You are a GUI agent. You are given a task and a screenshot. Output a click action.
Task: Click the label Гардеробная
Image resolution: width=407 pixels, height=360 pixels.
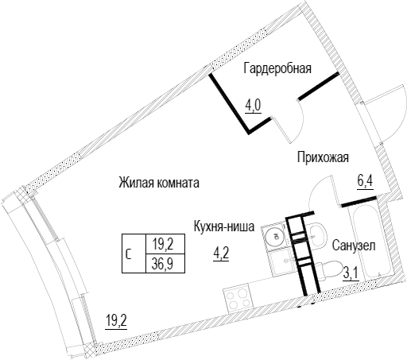[x=277, y=69]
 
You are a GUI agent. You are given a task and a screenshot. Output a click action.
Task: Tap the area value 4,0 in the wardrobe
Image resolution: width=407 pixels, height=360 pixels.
[x=254, y=106]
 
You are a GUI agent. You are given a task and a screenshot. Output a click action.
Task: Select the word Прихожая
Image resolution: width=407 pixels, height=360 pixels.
[x=323, y=158]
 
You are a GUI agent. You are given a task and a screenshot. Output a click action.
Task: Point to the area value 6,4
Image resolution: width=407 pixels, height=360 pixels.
[x=365, y=182]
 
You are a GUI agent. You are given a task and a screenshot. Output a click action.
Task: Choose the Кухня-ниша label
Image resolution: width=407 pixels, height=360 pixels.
[x=224, y=226]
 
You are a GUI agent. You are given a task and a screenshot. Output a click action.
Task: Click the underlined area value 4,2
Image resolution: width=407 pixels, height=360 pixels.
[x=221, y=254]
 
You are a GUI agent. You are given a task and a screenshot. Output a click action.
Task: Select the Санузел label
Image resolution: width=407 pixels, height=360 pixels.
[x=354, y=246]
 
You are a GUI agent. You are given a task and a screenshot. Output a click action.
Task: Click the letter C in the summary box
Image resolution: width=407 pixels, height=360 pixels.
[x=129, y=254]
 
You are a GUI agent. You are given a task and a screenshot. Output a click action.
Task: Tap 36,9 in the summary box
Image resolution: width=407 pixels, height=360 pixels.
[x=162, y=264]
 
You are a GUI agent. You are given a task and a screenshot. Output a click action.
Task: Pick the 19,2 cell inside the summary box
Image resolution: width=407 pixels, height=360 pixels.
[x=163, y=244]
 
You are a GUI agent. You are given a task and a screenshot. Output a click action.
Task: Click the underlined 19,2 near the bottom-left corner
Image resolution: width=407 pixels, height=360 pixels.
[x=116, y=321]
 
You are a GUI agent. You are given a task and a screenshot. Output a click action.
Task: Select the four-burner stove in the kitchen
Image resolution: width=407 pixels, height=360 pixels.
[x=238, y=298]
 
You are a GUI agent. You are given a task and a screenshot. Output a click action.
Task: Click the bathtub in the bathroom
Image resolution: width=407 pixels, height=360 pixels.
[x=370, y=243]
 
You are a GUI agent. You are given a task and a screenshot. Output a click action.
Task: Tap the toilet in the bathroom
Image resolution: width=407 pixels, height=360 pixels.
[x=328, y=271]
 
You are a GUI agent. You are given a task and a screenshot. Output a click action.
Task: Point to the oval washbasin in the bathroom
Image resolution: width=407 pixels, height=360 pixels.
[x=317, y=234]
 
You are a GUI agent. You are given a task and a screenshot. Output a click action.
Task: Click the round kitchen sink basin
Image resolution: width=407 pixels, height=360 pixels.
[x=274, y=236]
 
